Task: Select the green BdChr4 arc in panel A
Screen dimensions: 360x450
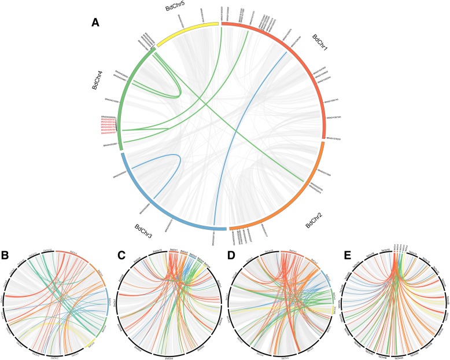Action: [x=123, y=98]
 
